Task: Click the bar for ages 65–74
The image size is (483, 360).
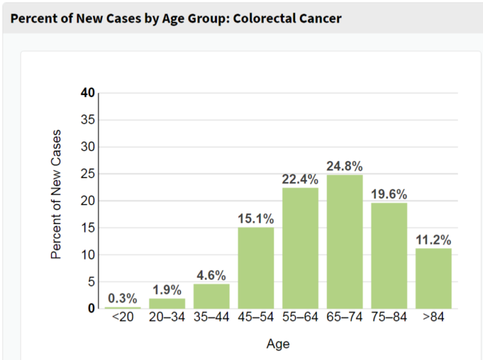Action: click(x=345, y=242)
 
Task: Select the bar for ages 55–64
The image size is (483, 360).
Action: click(x=300, y=248)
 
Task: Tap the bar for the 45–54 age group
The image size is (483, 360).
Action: click(x=256, y=267)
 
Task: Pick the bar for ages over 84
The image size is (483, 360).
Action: click(x=433, y=278)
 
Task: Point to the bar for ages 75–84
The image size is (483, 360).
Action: click(x=389, y=255)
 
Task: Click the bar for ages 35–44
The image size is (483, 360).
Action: click(x=211, y=296)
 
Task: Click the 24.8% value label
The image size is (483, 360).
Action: click(x=345, y=167)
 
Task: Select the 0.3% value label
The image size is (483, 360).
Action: click(x=122, y=298)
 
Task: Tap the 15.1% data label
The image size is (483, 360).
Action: click(x=256, y=219)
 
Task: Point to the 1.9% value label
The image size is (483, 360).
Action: click(x=167, y=290)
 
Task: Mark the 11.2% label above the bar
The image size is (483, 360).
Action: click(x=433, y=240)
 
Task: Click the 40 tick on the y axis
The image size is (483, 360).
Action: click(x=87, y=93)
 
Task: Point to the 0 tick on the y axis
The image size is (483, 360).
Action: click(x=91, y=308)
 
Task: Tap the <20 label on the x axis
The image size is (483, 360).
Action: click(x=122, y=317)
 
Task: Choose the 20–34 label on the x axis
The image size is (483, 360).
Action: click(x=167, y=317)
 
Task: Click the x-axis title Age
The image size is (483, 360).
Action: click(x=278, y=344)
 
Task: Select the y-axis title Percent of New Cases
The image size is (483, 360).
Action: click(x=57, y=195)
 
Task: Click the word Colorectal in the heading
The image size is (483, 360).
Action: click(x=264, y=18)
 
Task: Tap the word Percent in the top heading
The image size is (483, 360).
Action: click(x=31, y=18)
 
